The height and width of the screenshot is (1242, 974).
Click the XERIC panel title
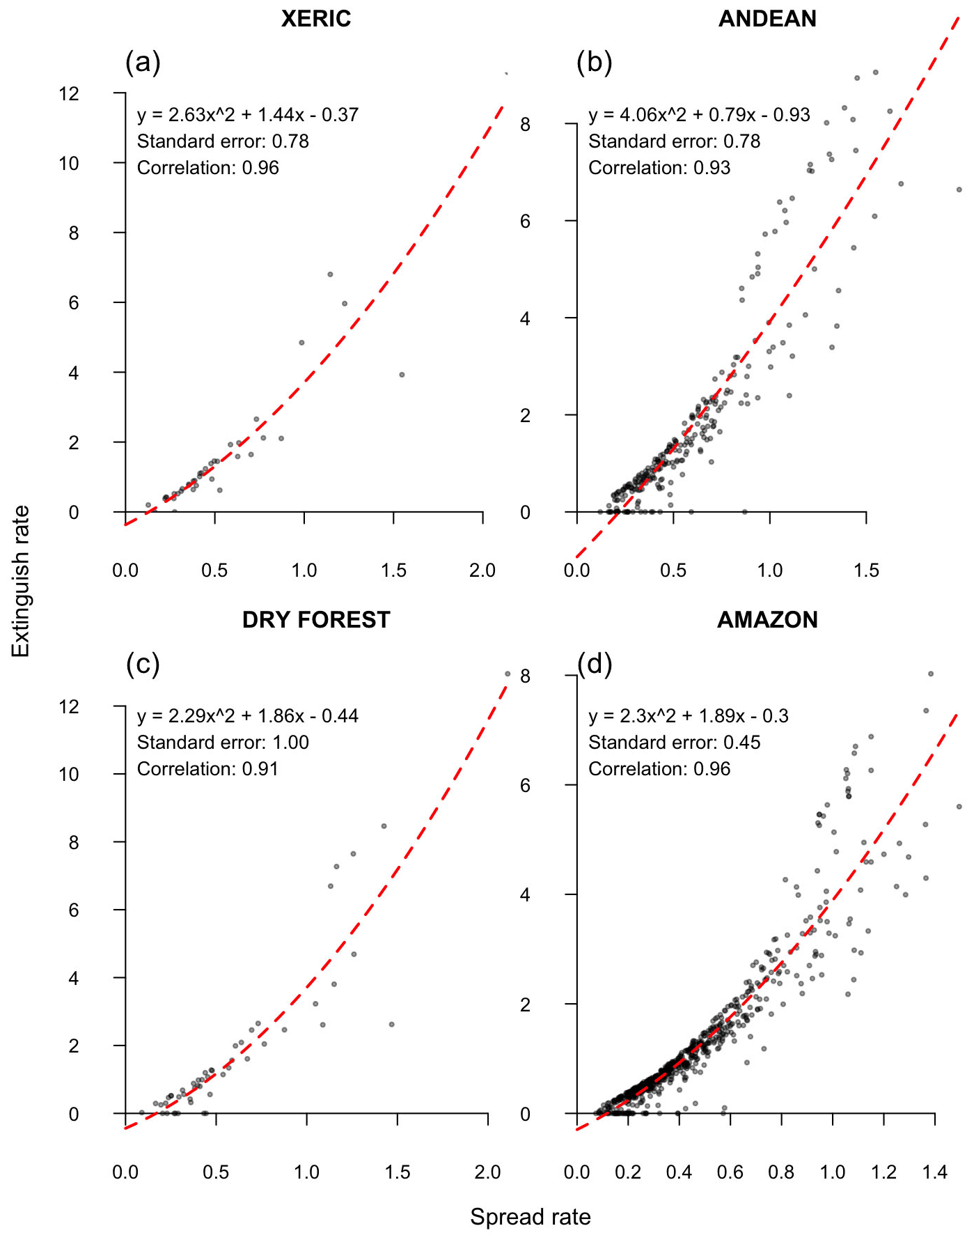coord(315,19)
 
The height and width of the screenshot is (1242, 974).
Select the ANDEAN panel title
coord(767,19)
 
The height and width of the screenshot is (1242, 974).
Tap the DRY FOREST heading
coord(315,619)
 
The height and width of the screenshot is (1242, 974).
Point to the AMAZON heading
coord(767,619)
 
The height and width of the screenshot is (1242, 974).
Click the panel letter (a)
coord(143,62)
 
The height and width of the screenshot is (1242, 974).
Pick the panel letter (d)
coord(595,664)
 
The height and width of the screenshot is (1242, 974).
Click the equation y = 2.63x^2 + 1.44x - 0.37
coord(247,115)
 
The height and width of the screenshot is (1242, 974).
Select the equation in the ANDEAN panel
coord(699,115)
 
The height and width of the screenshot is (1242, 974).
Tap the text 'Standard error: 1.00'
coord(223,743)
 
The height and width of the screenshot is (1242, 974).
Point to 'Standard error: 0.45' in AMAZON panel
coord(674,743)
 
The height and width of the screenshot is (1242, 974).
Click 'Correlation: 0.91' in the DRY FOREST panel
coord(207,769)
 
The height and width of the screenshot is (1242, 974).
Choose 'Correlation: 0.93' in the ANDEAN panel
coord(659,168)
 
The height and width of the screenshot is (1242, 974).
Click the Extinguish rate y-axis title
coord(21,581)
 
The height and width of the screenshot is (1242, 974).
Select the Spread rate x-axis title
coord(530,1217)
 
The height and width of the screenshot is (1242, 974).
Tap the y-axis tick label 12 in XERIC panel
coord(69,93)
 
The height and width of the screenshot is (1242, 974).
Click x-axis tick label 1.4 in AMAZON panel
coord(934,1172)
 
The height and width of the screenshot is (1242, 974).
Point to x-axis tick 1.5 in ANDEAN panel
coord(866,570)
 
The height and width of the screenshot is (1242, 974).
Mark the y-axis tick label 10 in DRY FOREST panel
coord(69,774)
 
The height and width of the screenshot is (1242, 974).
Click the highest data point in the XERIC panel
coord(330,274)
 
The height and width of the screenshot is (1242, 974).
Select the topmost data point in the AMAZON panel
coord(930,674)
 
